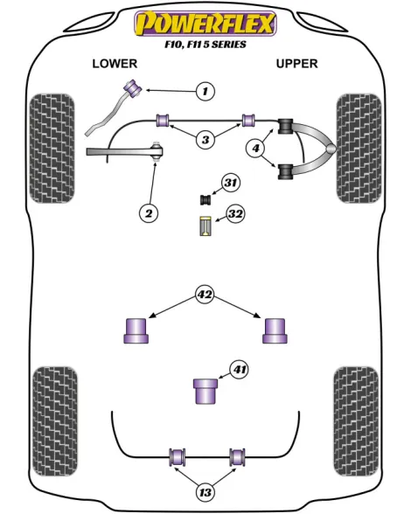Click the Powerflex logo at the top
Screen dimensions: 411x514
[205, 24]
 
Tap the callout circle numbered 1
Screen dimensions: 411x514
[205, 91]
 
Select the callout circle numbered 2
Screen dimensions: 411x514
[149, 213]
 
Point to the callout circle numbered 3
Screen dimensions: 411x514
[205, 140]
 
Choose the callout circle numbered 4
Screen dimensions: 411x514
[256, 149]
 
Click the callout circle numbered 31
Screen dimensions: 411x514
[231, 183]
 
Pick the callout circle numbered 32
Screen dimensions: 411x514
[236, 213]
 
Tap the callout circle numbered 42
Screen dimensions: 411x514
[205, 295]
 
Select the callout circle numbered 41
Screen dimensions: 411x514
[239, 370]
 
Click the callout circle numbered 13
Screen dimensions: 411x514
[205, 492]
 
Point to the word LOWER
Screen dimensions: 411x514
[115, 63]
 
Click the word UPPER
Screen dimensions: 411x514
[296, 63]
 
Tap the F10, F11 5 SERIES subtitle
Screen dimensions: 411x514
[205, 45]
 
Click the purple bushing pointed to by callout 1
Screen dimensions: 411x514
[132, 88]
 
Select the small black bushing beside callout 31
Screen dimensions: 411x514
[205, 199]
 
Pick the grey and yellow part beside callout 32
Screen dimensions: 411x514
[205, 226]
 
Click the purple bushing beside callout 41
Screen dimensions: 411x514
[205, 391]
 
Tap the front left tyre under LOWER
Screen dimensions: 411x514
[52, 149]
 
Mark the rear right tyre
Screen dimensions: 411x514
[356, 421]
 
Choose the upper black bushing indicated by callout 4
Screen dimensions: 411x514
[285, 127]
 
